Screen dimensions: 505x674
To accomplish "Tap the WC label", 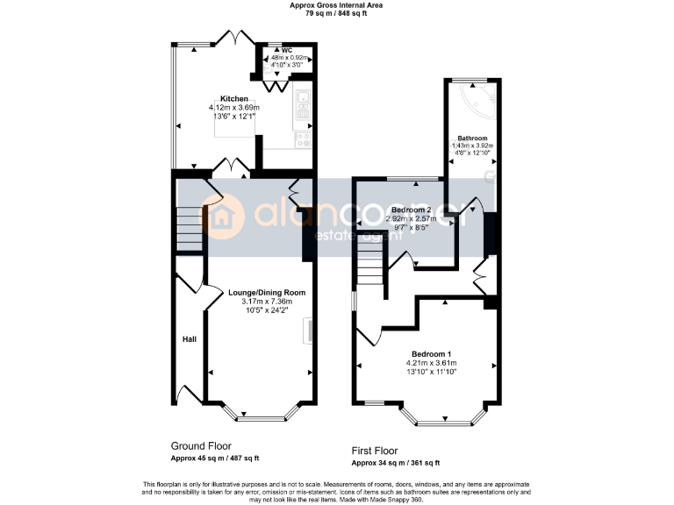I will coord(286,50).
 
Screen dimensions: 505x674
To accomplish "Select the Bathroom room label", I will coord(472,138).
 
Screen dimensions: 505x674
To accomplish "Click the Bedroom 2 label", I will coord(411,210).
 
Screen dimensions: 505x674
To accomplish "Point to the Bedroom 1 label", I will coord(430,353).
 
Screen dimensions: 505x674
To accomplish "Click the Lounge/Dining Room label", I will coord(267,292).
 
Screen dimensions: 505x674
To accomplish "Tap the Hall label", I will coord(189,338).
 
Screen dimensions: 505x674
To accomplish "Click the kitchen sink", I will coord(303,104).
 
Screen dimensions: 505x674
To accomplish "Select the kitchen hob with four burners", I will coord(304,138).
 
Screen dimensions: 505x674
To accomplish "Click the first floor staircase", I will coord(371,263).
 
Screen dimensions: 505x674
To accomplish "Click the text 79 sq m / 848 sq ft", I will coord(336,14).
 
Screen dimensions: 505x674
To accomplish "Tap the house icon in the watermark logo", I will coord(229,216).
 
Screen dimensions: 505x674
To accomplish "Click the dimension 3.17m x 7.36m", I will coord(267,302).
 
